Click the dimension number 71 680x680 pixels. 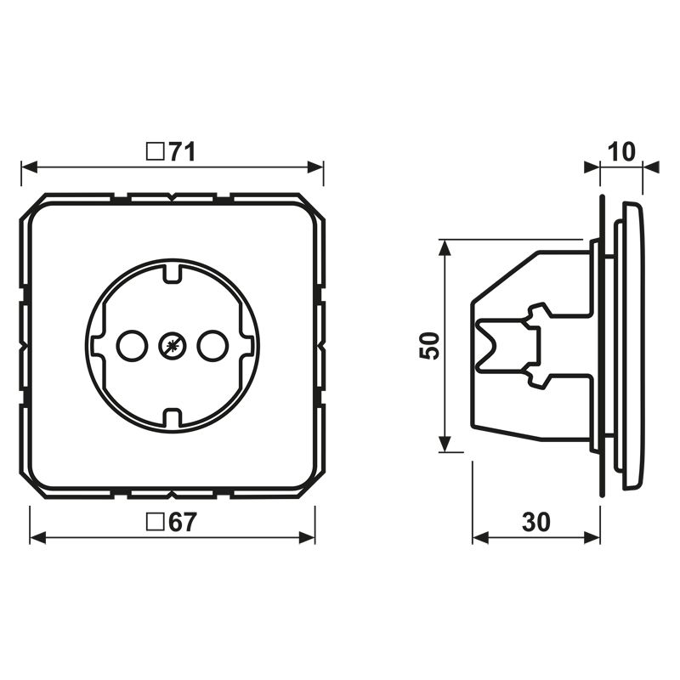(x=182, y=152)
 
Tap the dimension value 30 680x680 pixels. (x=535, y=523)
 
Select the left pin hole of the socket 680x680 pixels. (x=131, y=345)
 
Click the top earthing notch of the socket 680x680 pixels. (x=172, y=272)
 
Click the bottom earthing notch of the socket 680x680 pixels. (x=172, y=417)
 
